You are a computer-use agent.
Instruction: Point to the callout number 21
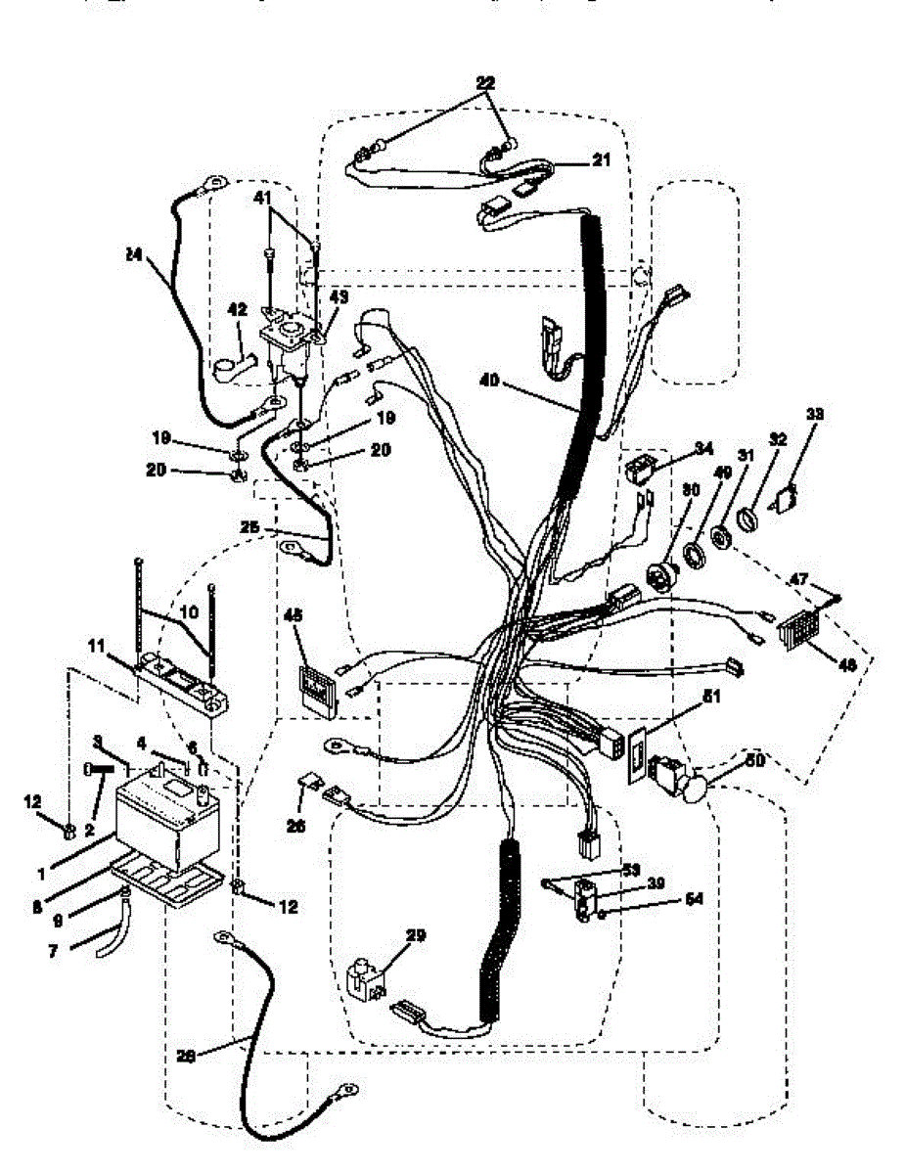(599, 158)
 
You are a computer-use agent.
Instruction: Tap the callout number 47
(798, 580)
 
